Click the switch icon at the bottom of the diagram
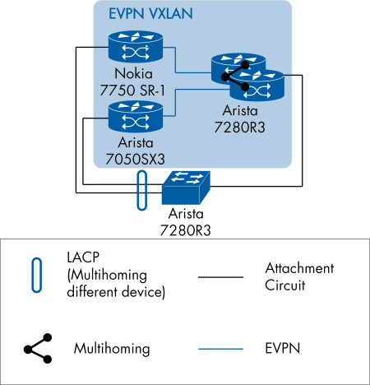click(187, 188)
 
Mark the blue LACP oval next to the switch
click(141, 192)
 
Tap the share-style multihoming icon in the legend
click(38, 348)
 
